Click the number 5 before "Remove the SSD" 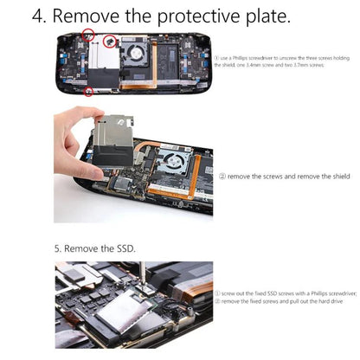(59, 248)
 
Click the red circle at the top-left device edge (87, 35)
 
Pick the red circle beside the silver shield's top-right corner (110, 41)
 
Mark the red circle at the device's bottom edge (91, 90)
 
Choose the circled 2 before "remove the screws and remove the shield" (222, 177)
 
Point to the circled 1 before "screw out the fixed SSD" (217, 293)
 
